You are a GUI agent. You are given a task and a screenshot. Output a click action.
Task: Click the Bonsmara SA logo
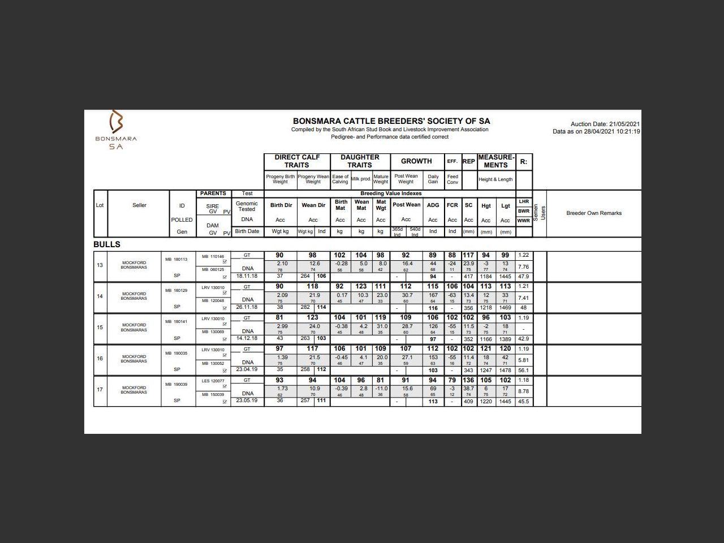116,130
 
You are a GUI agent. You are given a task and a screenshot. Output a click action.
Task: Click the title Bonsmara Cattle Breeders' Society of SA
391,121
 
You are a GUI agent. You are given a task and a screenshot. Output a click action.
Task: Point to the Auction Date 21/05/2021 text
605,124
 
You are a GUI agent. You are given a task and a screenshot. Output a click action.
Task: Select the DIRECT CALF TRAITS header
297,161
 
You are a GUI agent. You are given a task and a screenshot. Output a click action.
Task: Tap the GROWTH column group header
416,161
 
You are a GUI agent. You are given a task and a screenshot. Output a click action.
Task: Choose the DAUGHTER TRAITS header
360,161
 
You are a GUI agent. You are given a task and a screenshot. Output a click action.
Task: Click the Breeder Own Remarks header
593,213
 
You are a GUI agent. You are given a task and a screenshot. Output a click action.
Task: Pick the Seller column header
139,205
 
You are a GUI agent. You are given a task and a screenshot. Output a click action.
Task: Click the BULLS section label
107,244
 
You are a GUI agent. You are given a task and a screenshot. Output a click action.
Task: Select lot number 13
100,265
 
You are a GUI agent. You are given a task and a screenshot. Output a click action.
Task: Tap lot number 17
100,390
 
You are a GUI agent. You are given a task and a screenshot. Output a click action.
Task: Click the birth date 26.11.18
247,307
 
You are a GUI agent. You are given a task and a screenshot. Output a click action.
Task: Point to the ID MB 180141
176,321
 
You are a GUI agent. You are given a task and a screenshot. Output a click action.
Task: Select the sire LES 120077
213,381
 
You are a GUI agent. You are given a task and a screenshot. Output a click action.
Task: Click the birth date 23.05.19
247,400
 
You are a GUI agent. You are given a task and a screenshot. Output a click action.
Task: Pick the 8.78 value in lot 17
523,391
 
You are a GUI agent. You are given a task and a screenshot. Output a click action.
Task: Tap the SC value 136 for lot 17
468,380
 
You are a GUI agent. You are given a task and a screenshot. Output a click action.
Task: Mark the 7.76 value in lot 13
523,266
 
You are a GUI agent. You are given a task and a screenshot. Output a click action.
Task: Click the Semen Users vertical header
540,213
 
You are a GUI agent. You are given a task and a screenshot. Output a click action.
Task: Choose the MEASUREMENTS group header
496,161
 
